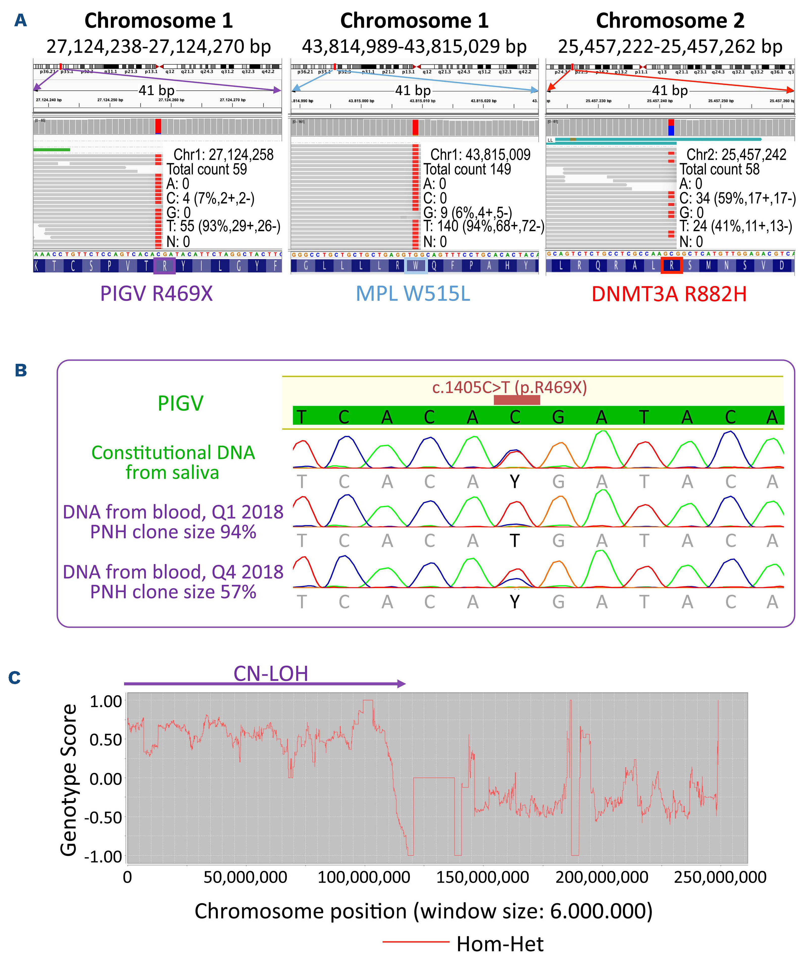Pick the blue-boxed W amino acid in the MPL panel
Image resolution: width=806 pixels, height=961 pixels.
[x=416, y=266]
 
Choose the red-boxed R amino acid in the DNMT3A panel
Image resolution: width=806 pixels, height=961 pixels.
[x=671, y=266]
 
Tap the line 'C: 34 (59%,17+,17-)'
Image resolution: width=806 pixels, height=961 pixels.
[x=737, y=198]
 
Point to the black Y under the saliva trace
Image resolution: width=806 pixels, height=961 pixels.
[x=515, y=482]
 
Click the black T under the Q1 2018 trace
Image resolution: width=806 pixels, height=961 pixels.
[x=515, y=541]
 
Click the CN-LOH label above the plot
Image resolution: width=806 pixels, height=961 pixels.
[x=271, y=674]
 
